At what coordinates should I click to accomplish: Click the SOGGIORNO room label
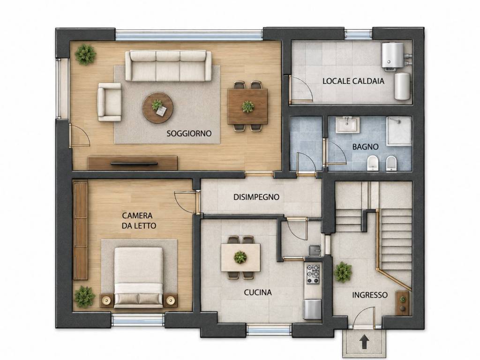point(189,134)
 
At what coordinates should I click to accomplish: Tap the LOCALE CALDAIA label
point(353,81)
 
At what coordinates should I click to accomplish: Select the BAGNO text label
point(365,147)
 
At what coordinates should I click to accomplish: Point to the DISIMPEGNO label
point(256,197)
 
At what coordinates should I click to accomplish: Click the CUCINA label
point(258,292)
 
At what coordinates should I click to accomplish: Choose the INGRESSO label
point(370,295)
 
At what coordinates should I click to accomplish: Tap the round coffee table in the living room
point(157,108)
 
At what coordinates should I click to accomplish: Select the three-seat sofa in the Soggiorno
point(168,66)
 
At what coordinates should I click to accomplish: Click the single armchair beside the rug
point(109,102)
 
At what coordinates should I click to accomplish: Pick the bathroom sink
point(347,125)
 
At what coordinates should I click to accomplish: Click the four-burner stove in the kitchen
point(313,273)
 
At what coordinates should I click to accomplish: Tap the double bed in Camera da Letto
point(138,277)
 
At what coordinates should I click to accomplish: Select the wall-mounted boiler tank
point(392,55)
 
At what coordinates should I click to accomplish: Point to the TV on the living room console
point(134,164)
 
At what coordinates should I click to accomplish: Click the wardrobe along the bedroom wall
point(81,231)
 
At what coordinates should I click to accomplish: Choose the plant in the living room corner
point(86,54)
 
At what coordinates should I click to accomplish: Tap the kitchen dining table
point(240,257)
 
